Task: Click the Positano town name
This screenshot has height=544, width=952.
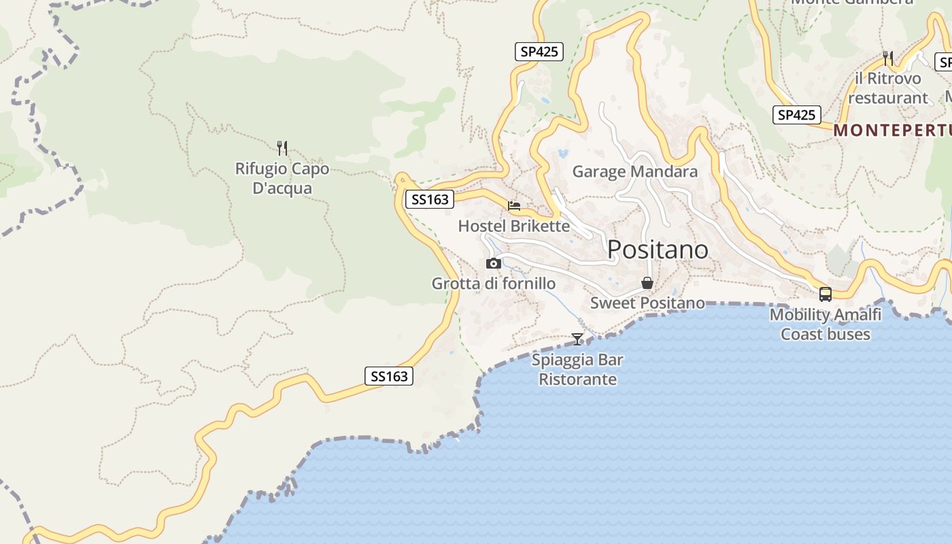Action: (658, 250)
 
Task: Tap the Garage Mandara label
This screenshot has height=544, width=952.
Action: (635, 171)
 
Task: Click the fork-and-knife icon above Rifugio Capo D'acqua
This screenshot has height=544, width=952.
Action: (282, 148)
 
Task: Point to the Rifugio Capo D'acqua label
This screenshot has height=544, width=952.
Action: (282, 178)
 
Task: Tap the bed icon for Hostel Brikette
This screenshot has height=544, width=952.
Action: (514, 205)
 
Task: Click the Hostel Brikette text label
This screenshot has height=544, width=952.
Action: (514, 226)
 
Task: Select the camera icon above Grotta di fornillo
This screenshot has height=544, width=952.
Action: (494, 264)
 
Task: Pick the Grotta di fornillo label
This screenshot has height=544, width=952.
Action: (494, 284)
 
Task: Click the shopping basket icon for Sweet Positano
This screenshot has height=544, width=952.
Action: (647, 283)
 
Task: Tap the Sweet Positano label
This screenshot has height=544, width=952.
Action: (647, 303)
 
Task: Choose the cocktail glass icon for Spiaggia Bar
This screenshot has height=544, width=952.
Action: (577, 339)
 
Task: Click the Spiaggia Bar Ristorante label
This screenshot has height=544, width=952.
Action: (577, 369)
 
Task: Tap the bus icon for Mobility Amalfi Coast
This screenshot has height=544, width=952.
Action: (826, 294)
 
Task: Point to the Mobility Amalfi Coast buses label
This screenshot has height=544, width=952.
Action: (826, 324)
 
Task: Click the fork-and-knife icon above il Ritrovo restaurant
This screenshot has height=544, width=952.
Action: (888, 58)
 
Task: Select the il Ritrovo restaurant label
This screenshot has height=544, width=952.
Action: (888, 88)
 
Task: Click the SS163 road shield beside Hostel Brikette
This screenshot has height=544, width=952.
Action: (430, 199)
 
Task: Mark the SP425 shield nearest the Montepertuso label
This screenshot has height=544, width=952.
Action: (797, 115)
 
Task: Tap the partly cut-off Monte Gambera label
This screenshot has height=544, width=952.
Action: (852, 3)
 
